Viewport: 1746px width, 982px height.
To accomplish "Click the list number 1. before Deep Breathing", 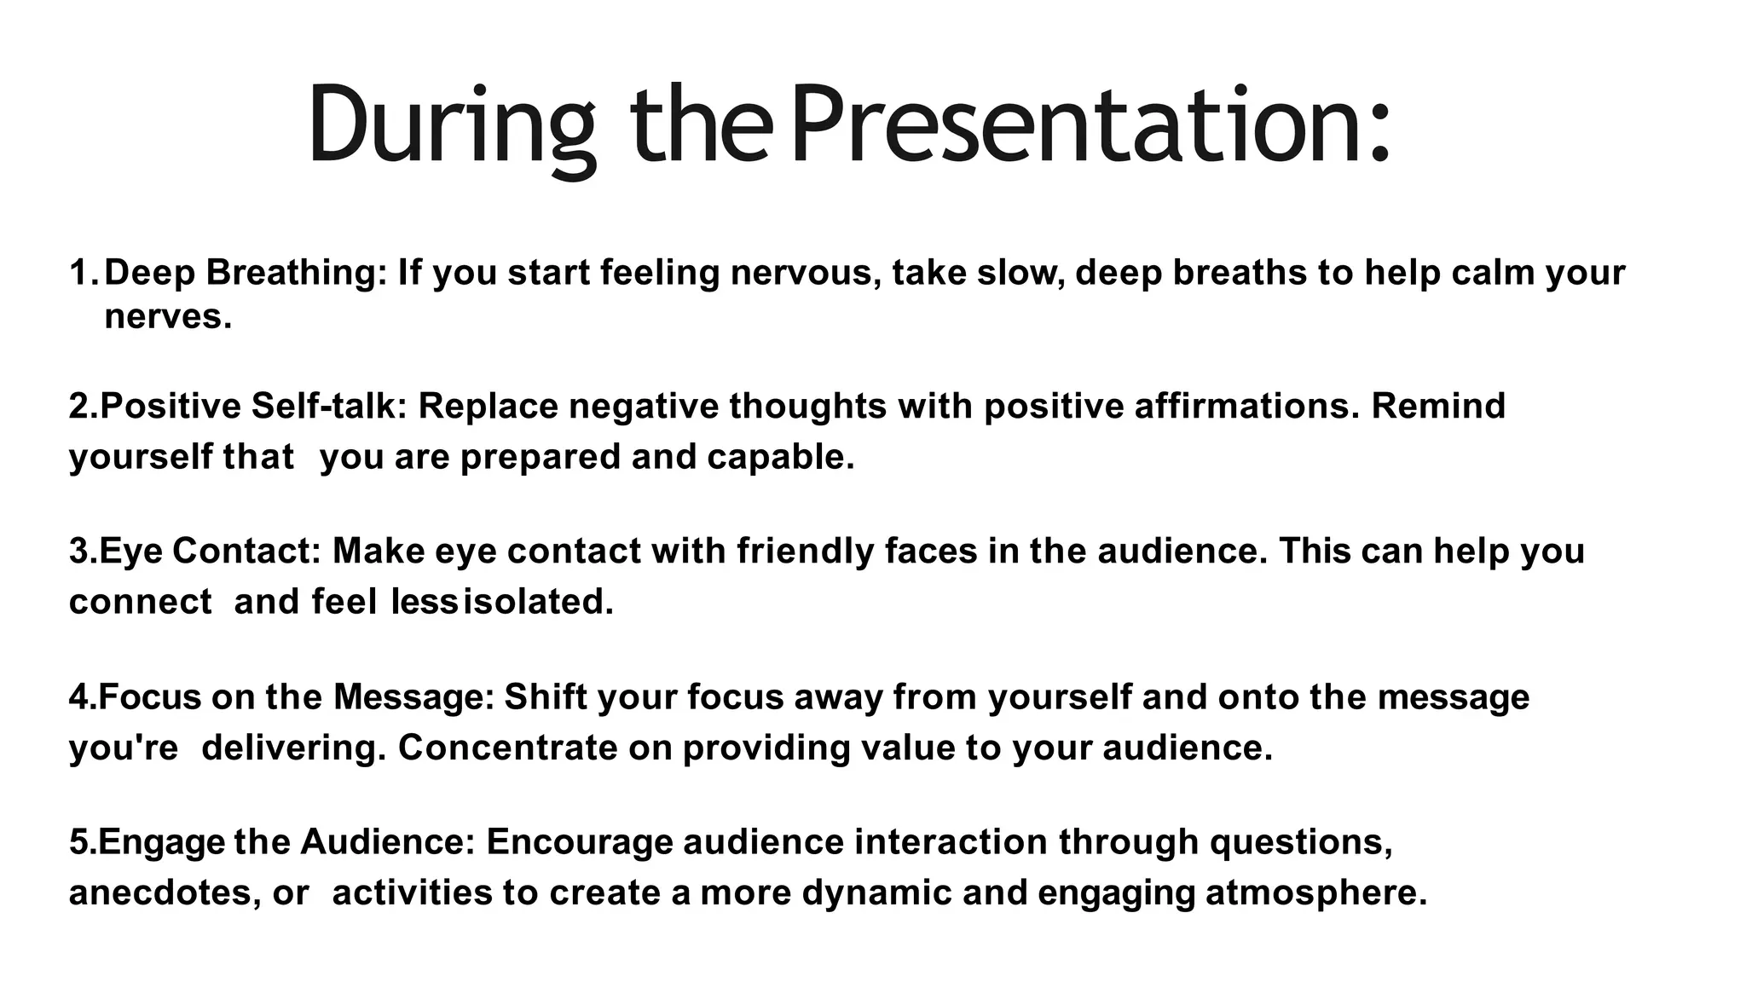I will point(84,273).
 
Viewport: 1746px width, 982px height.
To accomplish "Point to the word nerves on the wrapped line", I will point(167,317).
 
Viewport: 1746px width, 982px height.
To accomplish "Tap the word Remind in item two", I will point(1438,406).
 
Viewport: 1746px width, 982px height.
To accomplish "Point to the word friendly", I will point(806,551).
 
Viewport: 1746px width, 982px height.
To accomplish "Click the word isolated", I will point(538,602).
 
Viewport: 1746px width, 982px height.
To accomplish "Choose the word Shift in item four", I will point(546,697).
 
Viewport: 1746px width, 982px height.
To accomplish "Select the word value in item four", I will point(907,748).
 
